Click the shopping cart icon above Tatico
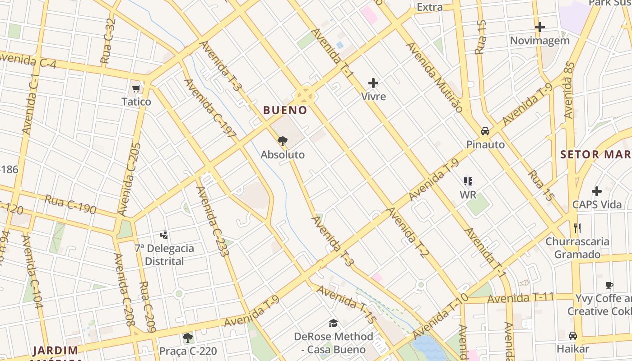(136, 88)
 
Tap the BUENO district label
(285, 110)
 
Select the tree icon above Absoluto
(283, 141)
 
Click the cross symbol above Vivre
(373, 83)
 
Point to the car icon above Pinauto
(485, 131)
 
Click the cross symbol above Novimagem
(539, 27)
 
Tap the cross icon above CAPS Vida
(597, 191)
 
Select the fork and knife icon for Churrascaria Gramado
(577, 228)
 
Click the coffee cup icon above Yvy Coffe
(609, 285)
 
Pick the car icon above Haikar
(572, 336)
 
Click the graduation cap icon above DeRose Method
(333, 323)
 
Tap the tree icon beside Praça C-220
(188, 338)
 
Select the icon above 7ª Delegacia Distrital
(164, 235)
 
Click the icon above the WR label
(468, 181)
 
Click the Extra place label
(430, 7)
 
